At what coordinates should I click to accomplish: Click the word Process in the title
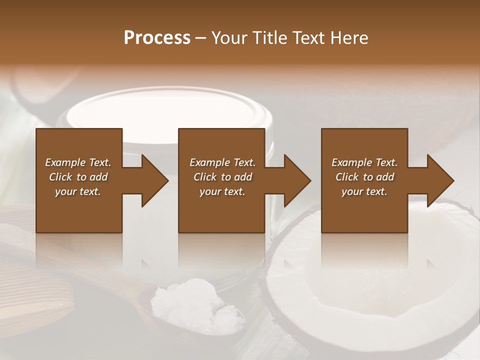click(157, 38)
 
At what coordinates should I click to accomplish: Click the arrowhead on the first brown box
click(155, 180)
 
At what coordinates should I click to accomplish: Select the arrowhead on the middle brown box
click(298, 180)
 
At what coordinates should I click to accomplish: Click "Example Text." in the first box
click(78, 162)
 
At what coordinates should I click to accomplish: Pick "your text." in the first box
click(78, 191)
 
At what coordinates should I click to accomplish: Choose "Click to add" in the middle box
click(222, 177)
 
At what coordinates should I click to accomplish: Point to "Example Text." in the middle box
click(222, 162)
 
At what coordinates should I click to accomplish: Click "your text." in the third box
click(364, 191)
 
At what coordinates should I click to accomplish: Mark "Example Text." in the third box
click(364, 162)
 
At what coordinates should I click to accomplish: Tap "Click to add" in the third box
click(364, 177)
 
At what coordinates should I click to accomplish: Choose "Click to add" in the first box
click(78, 177)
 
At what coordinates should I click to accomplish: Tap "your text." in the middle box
click(222, 191)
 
